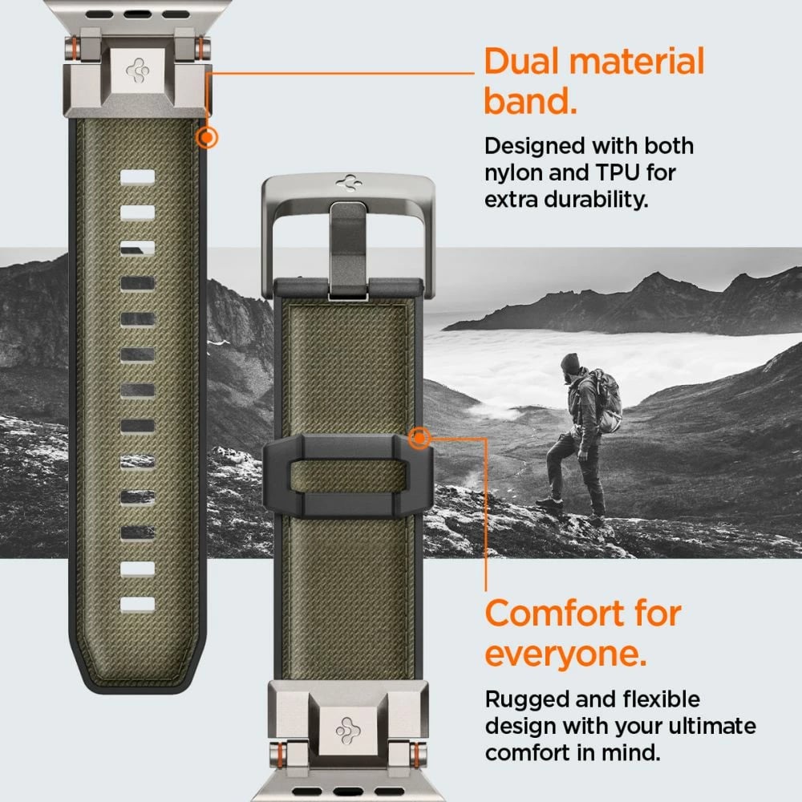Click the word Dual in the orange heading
[525, 62]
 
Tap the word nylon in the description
[512, 172]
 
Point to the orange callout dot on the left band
[207, 138]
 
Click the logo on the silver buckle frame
[348, 183]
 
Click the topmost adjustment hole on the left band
[137, 176]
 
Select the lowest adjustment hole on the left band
[137, 603]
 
